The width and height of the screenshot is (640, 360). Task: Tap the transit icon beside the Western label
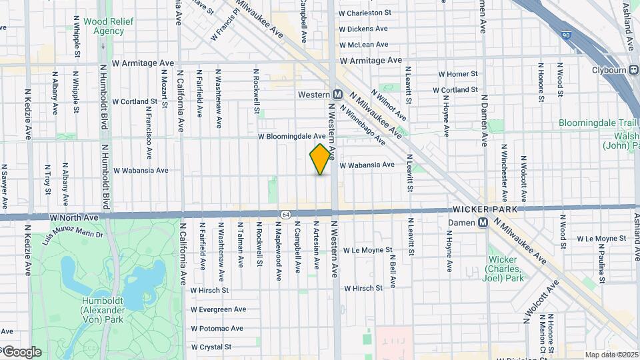pos(338,95)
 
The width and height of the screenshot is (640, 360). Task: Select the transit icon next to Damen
pos(482,222)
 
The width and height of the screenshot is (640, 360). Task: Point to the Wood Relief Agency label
pos(109,26)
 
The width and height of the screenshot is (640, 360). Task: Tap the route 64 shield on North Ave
pos(285,213)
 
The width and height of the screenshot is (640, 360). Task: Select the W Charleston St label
pos(365,13)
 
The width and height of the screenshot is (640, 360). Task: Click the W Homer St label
pos(457,74)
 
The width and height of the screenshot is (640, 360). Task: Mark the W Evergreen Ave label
pos(218,309)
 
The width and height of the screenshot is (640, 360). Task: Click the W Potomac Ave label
pos(217,329)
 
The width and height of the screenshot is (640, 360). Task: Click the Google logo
pos(22,351)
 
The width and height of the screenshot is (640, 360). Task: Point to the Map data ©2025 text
pos(611,355)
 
